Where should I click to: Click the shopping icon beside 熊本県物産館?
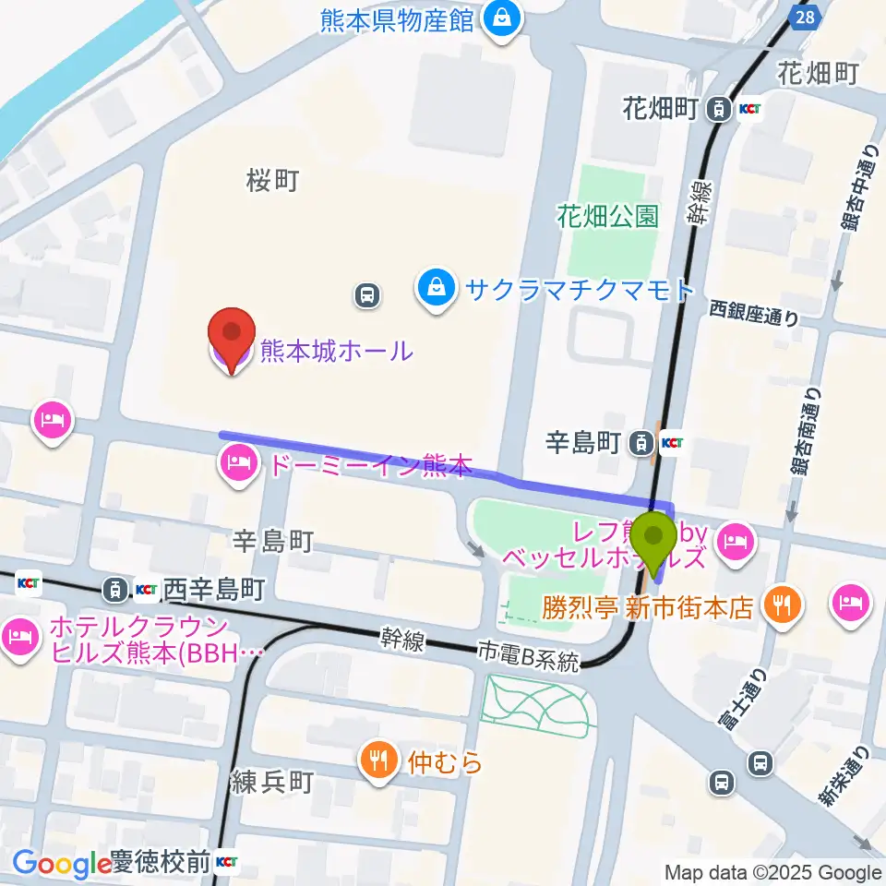pyautogui.click(x=503, y=18)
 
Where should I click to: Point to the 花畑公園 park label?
pyautogui.click(x=607, y=217)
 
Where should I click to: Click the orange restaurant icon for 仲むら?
pyautogui.click(x=378, y=761)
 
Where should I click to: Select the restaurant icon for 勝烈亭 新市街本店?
pyautogui.click(x=783, y=605)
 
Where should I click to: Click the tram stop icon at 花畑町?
pyautogui.click(x=716, y=110)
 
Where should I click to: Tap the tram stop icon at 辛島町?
pyautogui.click(x=639, y=444)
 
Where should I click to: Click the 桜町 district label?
pyautogui.click(x=273, y=181)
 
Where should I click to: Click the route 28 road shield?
pyautogui.click(x=805, y=17)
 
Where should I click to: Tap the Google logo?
pyautogui.click(x=62, y=864)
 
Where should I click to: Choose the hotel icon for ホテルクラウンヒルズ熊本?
pyautogui.click(x=20, y=636)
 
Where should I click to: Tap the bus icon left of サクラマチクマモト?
pyautogui.click(x=367, y=295)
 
